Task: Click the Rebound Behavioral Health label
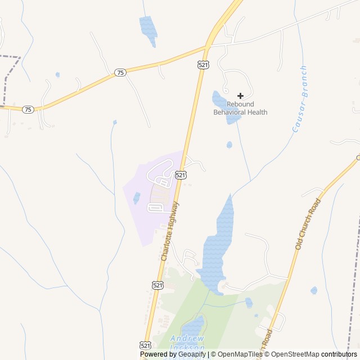point(240,108)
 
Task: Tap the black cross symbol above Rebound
point(240,96)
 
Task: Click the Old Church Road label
point(308,224)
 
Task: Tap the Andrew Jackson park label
point(187,343)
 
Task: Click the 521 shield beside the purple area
point(180,175)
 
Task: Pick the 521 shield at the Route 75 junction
point(203,65)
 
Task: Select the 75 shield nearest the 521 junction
point(120,73)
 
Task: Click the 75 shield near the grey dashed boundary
point(28,109)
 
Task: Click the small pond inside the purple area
point(137,197)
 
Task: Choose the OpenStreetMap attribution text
point(295,354)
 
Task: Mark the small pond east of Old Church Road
point(313,290)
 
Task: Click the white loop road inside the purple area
point(155,208)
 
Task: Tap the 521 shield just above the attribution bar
point(145,344)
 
